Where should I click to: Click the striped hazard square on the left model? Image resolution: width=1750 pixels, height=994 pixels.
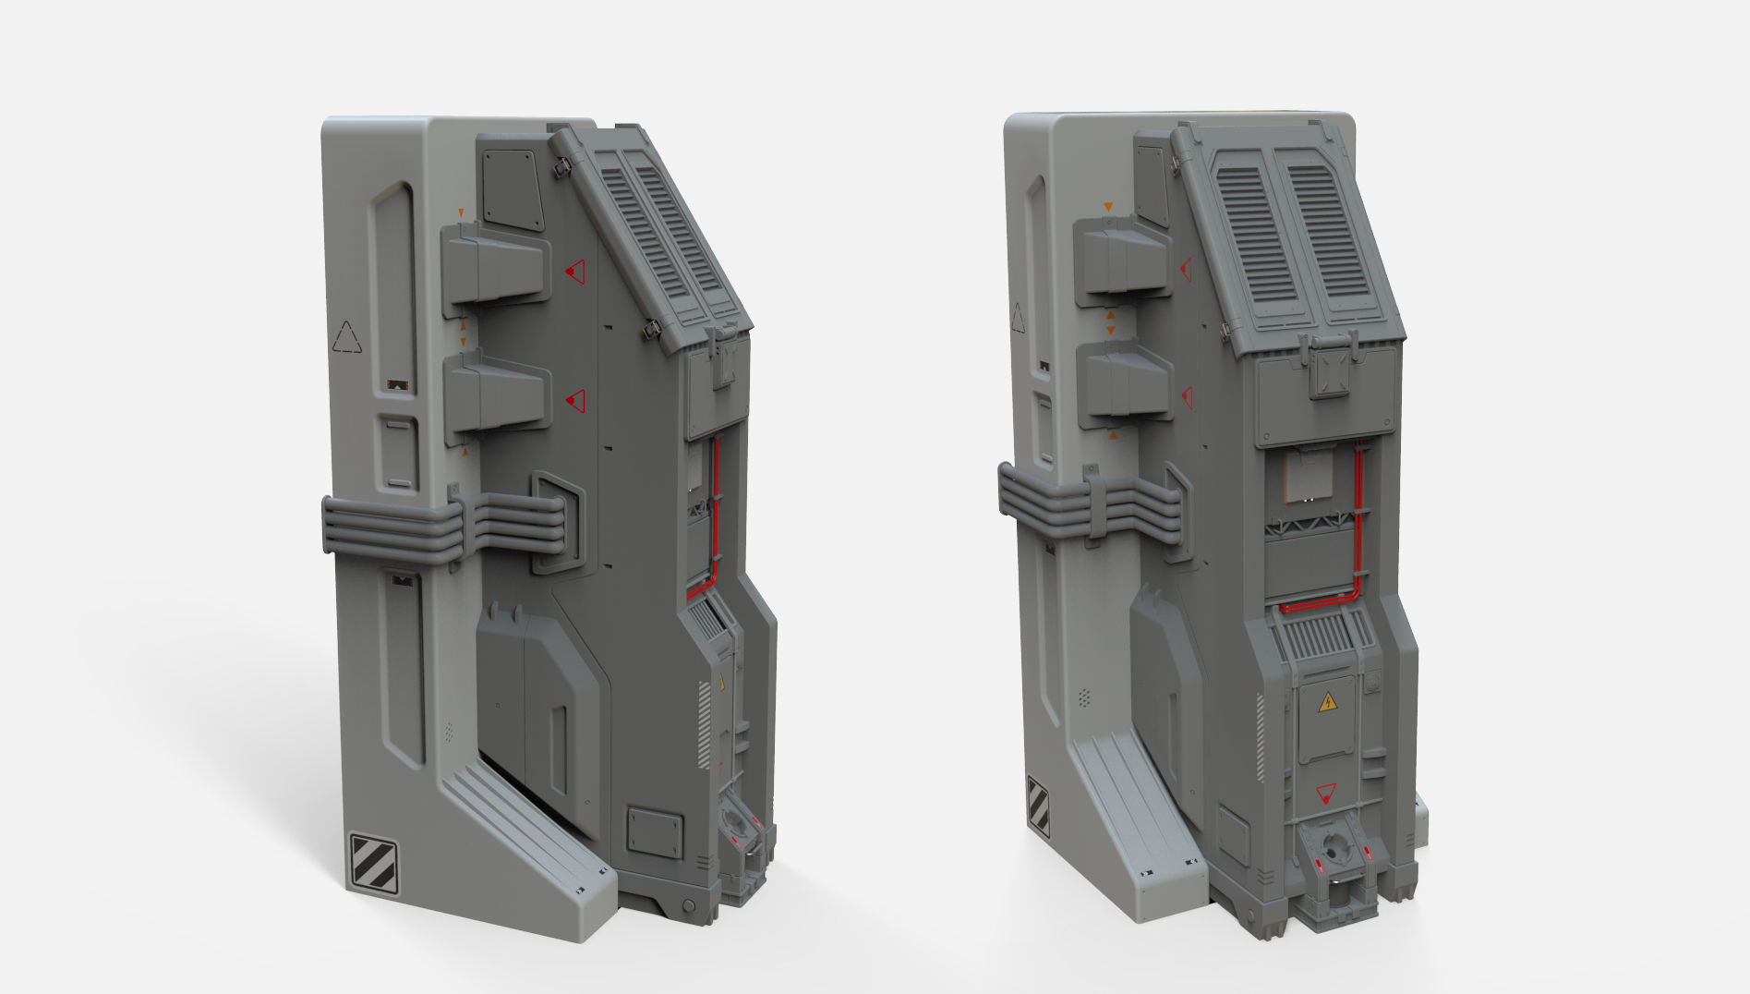[x=374, y=864]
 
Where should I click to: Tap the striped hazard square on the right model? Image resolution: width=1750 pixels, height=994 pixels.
[x=1038, y=806]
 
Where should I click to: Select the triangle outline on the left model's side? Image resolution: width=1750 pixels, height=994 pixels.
[x=347, y=337]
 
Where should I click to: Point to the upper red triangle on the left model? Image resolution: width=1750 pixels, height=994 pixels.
[x=576, y=272]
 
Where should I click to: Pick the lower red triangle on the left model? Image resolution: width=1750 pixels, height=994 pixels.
[x=576, y=400]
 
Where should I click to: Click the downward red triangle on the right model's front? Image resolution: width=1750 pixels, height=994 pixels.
[x=1326, y=793]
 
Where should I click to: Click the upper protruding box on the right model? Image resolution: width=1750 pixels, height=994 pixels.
[x=1121, y=257]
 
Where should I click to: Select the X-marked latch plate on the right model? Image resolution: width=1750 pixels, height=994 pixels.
[x=1330, y=372]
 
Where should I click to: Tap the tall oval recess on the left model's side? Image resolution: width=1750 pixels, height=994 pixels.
[x=392, y=286]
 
